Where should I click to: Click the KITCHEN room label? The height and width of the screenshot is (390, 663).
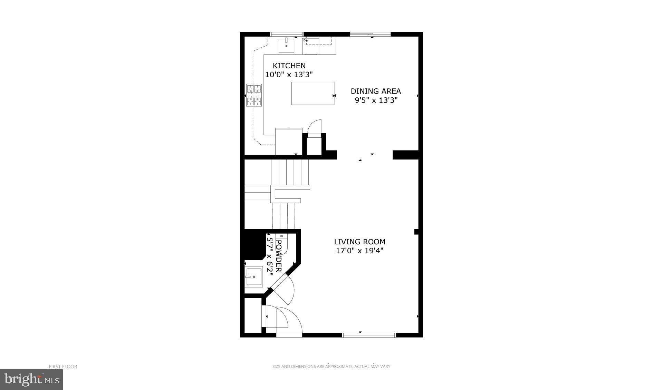point(289,66)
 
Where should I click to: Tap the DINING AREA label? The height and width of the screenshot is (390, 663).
point(376,91)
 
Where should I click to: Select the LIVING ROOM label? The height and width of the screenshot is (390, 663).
point(359,242)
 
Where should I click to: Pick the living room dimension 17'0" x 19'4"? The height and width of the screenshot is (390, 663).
point(359,251)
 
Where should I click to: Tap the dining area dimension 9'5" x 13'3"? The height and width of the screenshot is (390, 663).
point(376,100)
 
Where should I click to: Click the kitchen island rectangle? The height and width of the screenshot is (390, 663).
point(313,93)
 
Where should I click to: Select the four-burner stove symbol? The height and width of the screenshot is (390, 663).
point(254,95)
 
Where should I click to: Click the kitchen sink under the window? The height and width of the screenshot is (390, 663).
point(286,46)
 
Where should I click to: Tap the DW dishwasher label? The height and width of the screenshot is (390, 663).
point(306,40)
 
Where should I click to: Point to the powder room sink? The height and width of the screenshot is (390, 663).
point(253,277)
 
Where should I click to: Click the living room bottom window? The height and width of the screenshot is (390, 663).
point(369,335)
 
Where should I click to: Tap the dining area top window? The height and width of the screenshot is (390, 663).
point(370,34)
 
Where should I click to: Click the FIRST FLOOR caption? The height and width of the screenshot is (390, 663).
point(63,367)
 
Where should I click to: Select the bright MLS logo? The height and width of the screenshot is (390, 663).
point(31,380)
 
